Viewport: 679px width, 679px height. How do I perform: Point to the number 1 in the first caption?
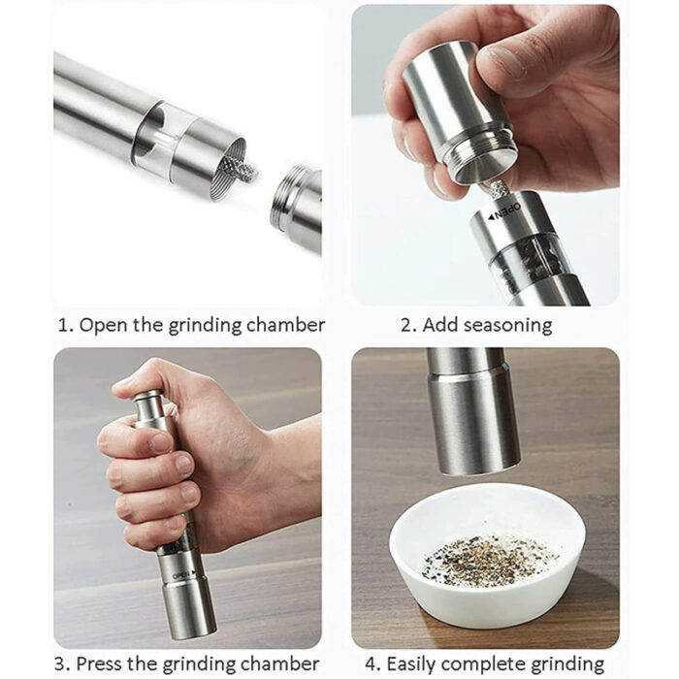tap(62, 325)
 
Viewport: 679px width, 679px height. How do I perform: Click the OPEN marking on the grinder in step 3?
tap(181, 574)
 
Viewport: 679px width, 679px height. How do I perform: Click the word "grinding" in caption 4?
tap(562, 664)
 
